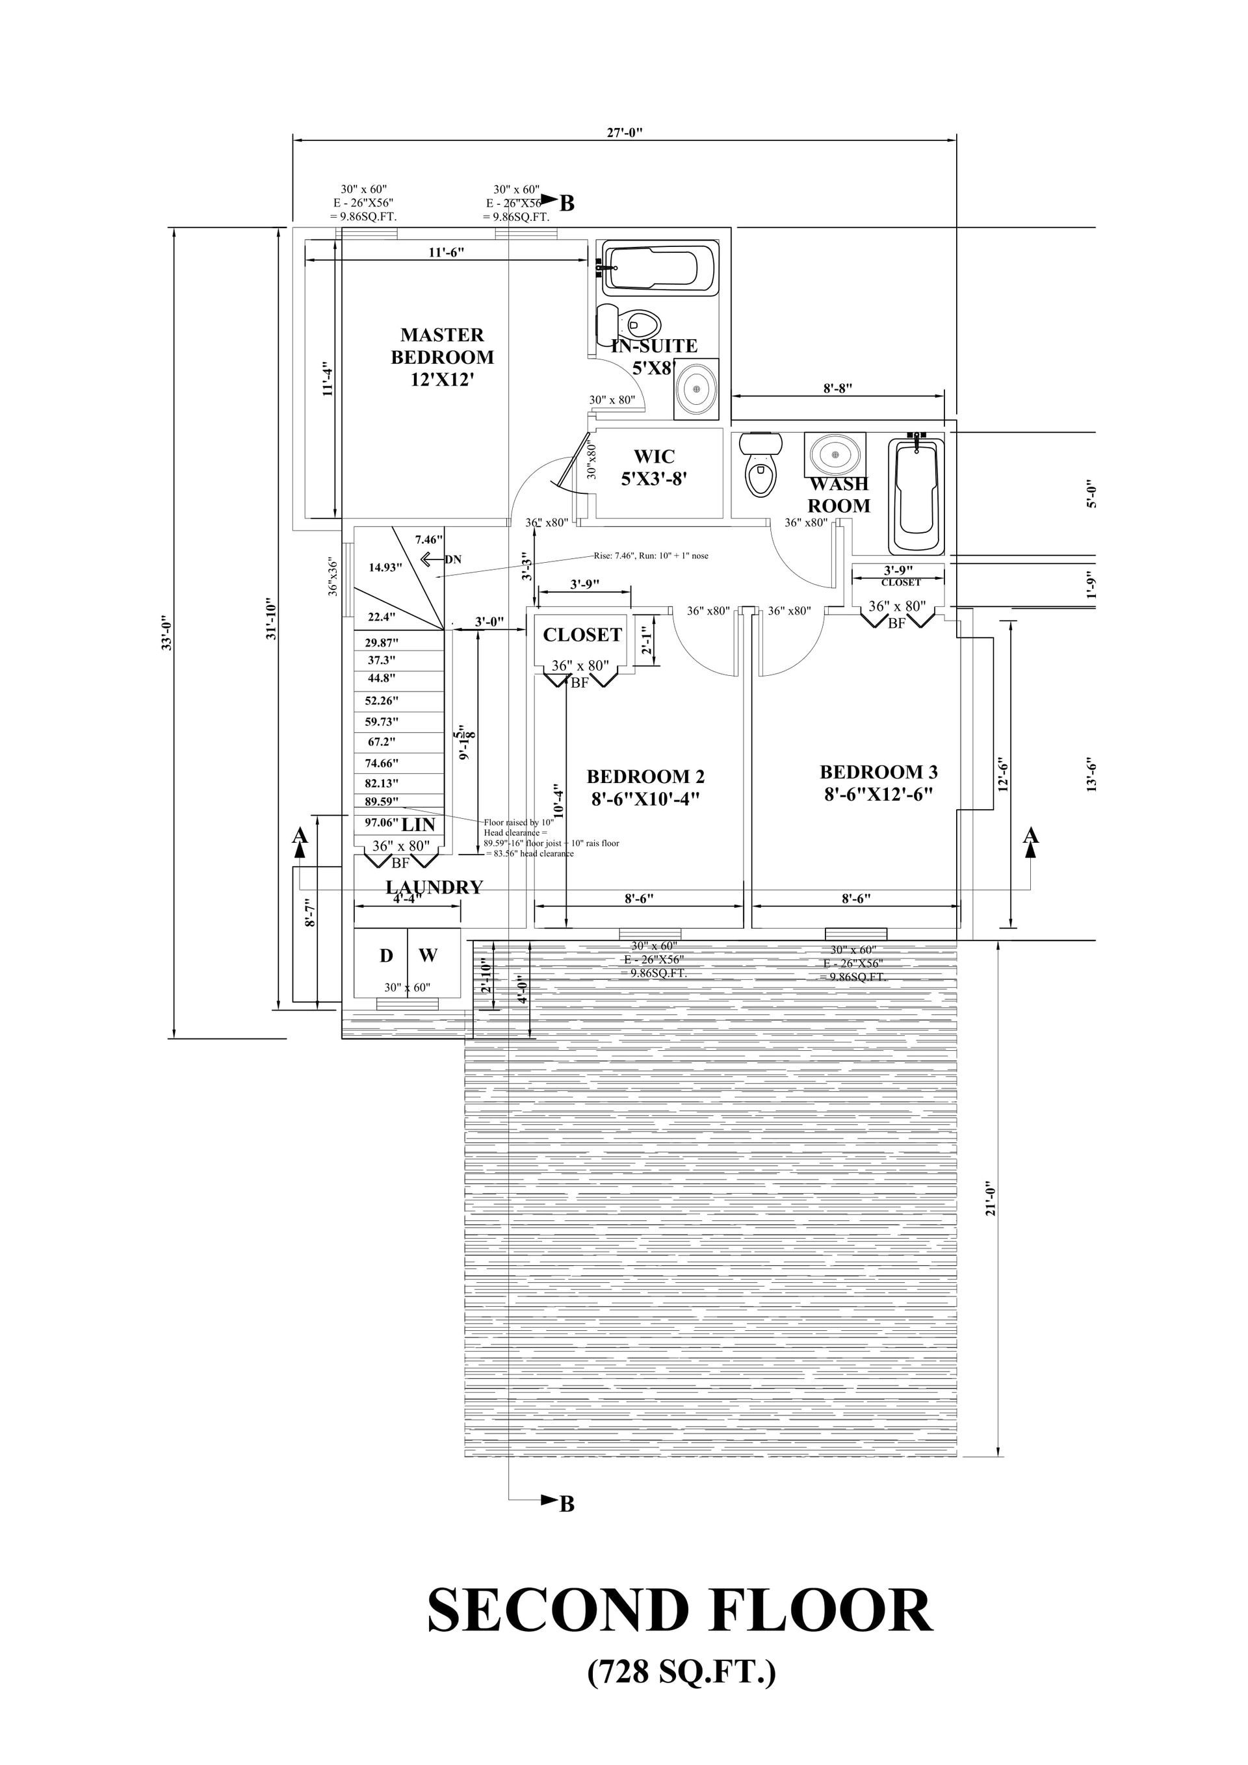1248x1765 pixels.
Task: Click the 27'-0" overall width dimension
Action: pos(625,131)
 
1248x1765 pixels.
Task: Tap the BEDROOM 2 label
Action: pos(645,786)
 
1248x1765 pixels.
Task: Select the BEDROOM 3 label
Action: pos(878,782)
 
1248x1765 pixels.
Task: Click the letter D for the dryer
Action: pos(386,955)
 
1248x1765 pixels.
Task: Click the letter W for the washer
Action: pos(428,955)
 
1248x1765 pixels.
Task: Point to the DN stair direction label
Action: pos(453,560)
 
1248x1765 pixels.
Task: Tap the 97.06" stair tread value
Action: pos(382,823)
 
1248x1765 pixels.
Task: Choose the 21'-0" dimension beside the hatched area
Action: pos(991,1198)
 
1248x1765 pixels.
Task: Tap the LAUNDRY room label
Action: pos(434,887)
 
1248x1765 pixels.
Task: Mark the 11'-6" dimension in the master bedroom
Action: pos(446,251)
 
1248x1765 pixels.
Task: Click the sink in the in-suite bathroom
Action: pos(697,390)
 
